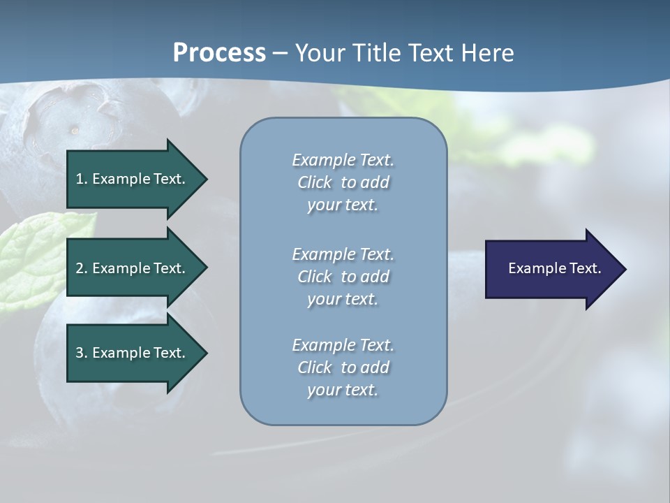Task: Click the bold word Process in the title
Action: click(219, 53)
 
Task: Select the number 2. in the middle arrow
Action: click(82, 268)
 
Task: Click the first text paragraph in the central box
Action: click(343, 182)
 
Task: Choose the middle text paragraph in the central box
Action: click(343, 276)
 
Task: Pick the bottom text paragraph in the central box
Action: click(343, 367)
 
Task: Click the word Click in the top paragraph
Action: click(314, 182)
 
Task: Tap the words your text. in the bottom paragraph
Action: click(343, 390)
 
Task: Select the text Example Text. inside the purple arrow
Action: click(554, 268)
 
